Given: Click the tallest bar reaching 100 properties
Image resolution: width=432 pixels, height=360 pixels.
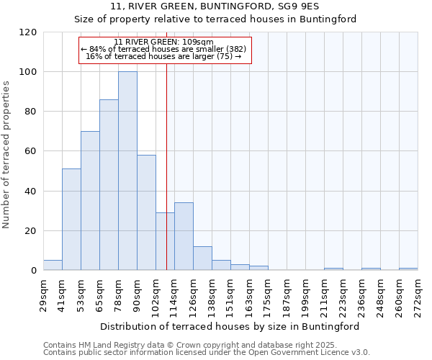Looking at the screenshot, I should [127, 171].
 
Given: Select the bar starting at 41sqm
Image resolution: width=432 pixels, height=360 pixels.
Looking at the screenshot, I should [71, 220].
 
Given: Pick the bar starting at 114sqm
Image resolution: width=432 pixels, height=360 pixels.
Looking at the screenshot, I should [184, 237].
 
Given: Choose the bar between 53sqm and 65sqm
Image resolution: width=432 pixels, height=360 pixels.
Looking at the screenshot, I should [90, 201].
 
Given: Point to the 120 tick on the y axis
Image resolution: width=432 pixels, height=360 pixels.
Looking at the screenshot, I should [28, 32].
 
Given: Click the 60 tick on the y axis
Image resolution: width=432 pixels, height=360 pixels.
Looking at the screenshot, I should [31, 151].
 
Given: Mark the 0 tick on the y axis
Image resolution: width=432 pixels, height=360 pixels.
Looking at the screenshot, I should [34, 271].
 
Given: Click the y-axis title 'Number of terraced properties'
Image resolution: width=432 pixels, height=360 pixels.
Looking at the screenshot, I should [8, 155].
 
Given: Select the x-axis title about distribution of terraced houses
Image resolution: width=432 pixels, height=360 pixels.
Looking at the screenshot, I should [230, 326].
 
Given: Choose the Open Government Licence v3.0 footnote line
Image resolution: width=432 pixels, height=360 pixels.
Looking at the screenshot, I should [207, 353].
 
